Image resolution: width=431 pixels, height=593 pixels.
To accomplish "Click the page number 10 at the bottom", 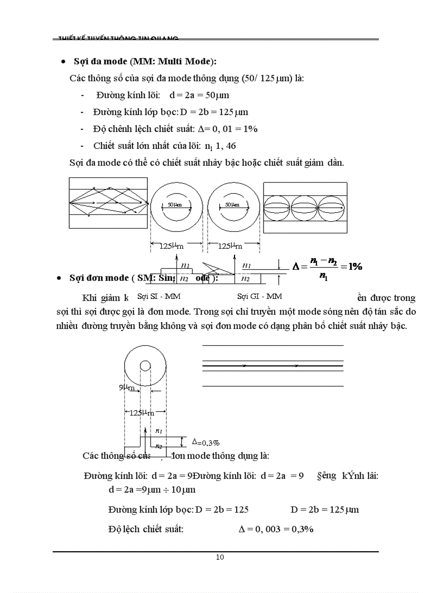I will point(220,557).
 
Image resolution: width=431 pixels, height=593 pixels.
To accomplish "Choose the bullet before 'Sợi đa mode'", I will point(63,62).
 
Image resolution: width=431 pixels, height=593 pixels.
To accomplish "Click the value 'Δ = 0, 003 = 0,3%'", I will point(276,529).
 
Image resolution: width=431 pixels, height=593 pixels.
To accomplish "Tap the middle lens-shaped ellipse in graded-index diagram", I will point(305,209).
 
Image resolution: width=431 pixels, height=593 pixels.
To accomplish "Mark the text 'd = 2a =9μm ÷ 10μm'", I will point(152,490).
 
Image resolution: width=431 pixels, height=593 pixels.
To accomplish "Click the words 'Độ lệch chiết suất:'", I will point(146,529).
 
